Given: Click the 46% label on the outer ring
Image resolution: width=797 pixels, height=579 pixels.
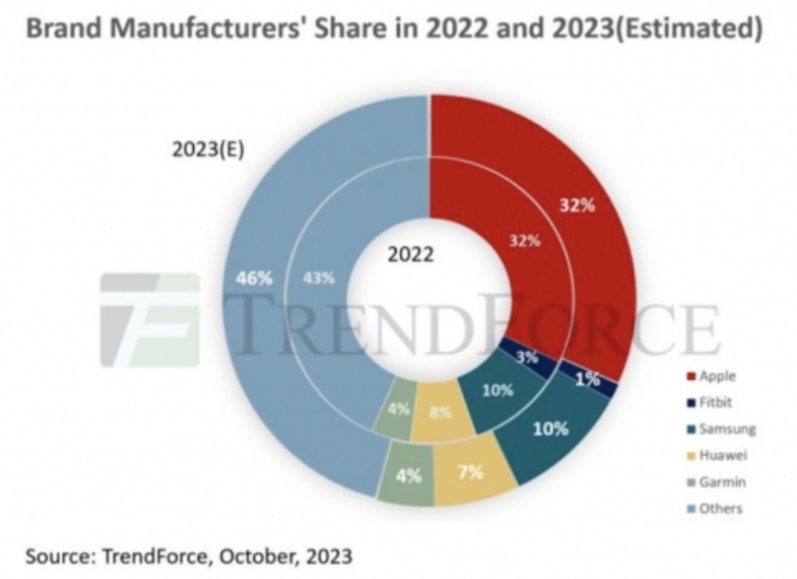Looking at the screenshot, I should tap(254, 278).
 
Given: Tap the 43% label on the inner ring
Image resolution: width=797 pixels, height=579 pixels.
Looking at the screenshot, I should tap(318, 278).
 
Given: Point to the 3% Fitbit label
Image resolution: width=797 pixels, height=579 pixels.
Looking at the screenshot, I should tap(527, 356).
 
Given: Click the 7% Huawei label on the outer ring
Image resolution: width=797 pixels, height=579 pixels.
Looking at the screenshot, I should tap(470, 471).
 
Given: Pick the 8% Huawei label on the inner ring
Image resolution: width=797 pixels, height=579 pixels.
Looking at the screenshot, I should tap(440, 414).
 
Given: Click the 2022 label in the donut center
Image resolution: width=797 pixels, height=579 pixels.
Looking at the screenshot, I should tap(412, 254).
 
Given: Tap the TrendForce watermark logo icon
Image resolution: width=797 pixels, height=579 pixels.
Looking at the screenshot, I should tap(149, 319).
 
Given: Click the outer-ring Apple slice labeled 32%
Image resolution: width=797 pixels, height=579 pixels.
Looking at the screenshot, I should tap(576, 206).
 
